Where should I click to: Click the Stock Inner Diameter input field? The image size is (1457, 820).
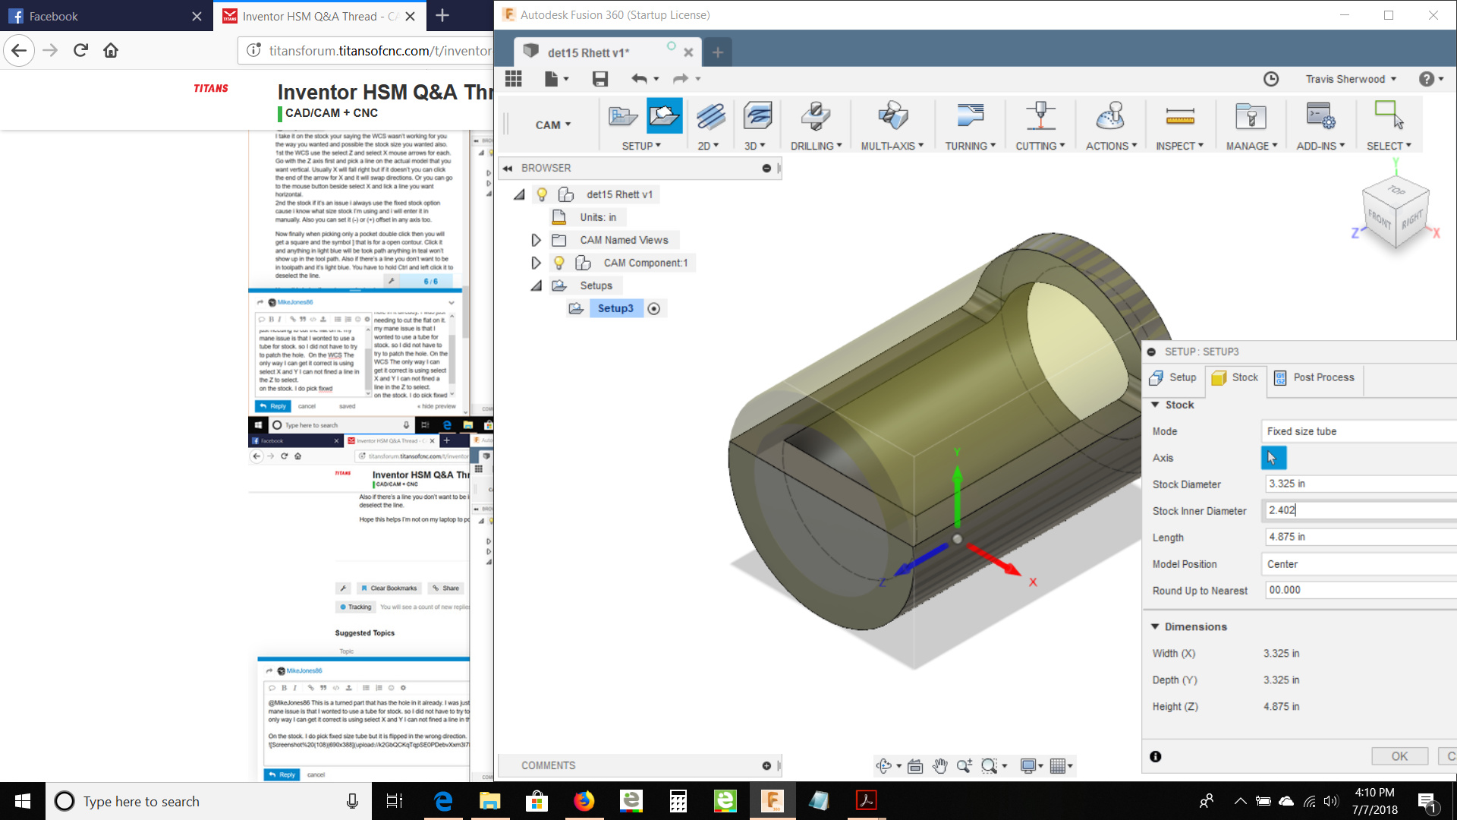[x=1358, y=510]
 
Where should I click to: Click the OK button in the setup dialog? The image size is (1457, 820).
[x=1399, y=756]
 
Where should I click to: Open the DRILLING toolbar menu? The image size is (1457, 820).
[x=816, y=145]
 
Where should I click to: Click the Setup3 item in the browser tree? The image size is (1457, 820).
[x=615, y=308]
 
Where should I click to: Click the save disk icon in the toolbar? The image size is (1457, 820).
[x=599, y=79]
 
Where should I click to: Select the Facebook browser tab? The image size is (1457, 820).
[x=53, y=16]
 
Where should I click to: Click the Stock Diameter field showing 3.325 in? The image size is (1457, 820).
[x=1358, y=484]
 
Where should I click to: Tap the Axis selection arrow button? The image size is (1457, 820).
[x=1273, y=458]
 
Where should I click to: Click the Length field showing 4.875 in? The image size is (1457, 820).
[x=1358, y=537]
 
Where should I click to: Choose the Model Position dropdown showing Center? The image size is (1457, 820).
[x=1358, y=564]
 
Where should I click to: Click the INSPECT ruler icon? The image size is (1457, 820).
[x=1179, y=116]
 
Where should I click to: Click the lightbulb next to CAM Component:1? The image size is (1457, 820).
[x=559, y=263]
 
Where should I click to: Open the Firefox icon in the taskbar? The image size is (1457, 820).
[x=584, y=801]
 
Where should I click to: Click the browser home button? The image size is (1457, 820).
[x=111, y=50]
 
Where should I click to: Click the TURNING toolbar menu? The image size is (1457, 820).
[x=970, y=145]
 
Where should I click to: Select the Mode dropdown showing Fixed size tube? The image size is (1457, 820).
[x=1358, y=431]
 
